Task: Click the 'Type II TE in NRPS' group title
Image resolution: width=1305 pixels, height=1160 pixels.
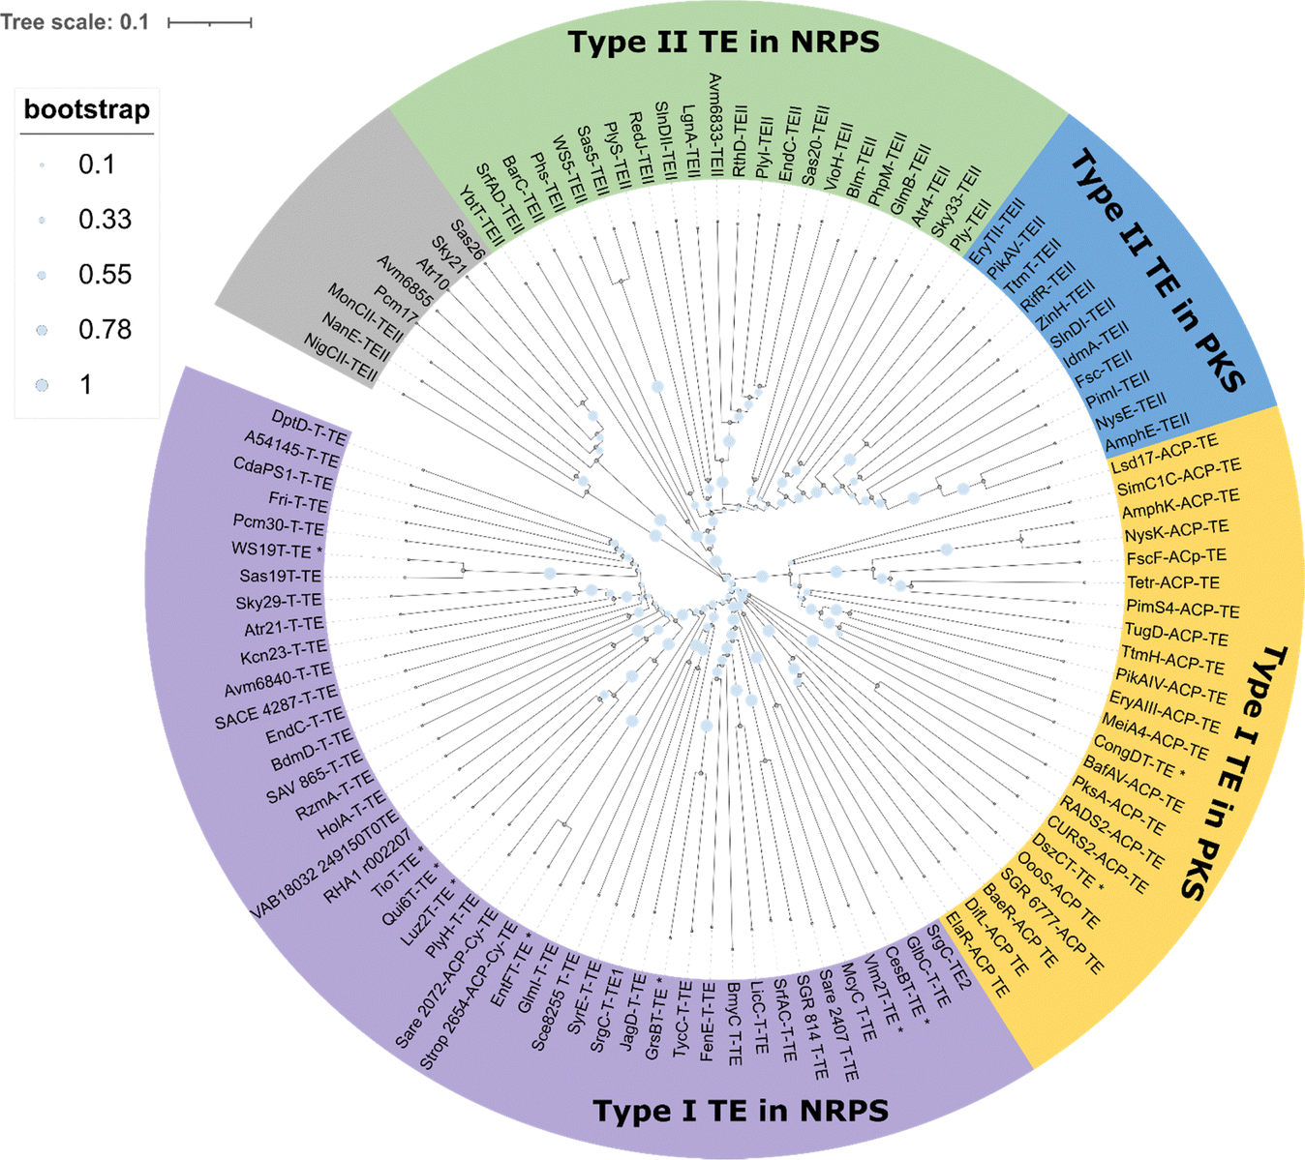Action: pos(723,43)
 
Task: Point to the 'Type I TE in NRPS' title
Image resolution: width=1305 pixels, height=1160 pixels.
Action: pos(741,1111)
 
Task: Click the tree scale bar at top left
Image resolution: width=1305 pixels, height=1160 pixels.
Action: pos(210,22)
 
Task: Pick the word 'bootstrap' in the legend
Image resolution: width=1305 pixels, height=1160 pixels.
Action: pos(86,109)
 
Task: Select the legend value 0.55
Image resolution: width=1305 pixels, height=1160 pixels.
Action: pos(105,275)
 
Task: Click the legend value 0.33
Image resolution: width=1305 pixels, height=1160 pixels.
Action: pos(105,220)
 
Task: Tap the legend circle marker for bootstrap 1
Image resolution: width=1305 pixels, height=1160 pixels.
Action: pos(42,385)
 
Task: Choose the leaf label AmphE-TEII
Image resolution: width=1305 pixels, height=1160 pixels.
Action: pos(1147,431)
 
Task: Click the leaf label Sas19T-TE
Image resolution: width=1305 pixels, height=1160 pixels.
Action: pos(281,576)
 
